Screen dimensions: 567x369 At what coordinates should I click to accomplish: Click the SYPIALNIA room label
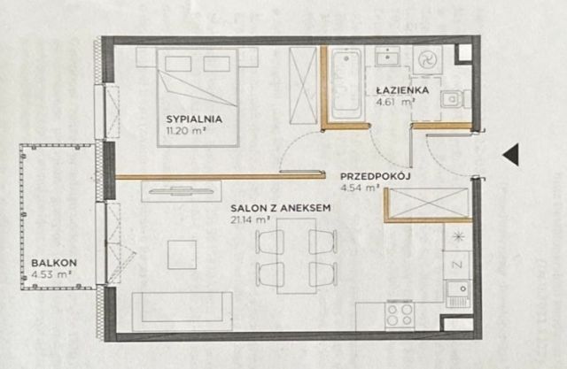[x=194, y=119]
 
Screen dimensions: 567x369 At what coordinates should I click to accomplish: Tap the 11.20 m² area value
[x=183, y=131]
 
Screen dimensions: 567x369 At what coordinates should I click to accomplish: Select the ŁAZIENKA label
[x=402, y=89]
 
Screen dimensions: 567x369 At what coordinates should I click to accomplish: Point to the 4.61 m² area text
[x=395, y=102]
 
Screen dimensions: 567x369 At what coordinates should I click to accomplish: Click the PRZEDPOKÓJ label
[x=376, y=176]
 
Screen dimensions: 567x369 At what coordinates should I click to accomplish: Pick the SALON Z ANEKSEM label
[x=281, y=208]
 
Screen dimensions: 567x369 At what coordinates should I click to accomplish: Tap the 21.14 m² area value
[x=251, y=219]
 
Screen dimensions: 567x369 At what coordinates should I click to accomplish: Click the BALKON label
[x=54, y=263]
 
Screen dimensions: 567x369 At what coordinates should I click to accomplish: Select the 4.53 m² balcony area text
[x=50, y=274]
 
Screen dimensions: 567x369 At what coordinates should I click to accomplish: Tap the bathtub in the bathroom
[x=346, y=84]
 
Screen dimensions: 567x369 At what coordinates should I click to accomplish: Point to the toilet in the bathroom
[x=454, y=99]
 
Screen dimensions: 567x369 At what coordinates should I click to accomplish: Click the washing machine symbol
[x=427, y=59]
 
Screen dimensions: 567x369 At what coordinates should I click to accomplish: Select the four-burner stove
[x=400, y=315]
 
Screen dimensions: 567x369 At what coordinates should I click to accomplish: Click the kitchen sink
[x=458, y=294]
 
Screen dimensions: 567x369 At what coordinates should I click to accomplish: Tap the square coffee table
[x=182, y=255]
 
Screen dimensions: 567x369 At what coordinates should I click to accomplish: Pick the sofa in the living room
[x=183, y=311]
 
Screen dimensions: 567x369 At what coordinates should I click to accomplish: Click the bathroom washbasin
[x=387, y=57]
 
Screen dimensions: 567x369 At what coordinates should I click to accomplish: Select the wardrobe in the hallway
[x=429, y=204]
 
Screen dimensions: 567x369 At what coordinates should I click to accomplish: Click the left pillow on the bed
[x=178, y=64]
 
